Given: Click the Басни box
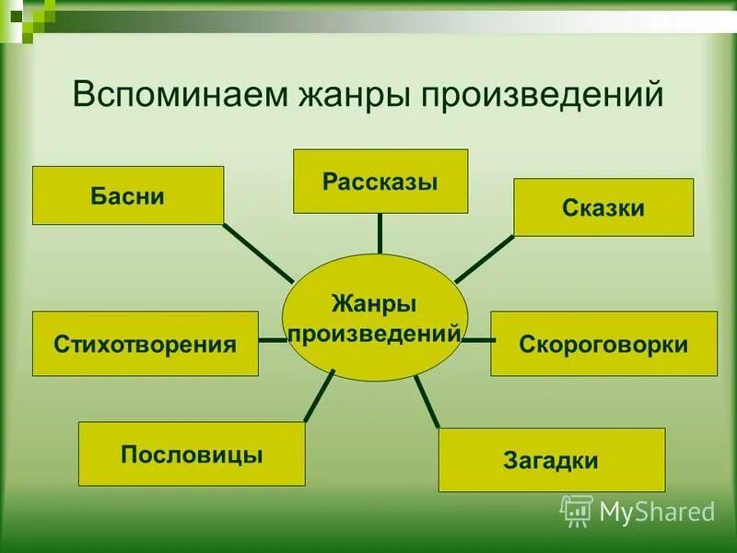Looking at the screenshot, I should click(128, 195).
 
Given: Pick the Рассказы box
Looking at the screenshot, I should click(380, 181).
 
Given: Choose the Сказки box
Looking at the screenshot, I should click(602, 207).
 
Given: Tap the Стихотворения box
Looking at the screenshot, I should click(146, 344).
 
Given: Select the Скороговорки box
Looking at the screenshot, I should click(603, 344).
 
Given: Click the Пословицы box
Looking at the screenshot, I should click(192, 453).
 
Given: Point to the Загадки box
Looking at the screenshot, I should click(551, 460).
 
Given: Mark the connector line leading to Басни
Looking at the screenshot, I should click(258, 252).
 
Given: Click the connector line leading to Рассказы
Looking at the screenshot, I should click(380, 233).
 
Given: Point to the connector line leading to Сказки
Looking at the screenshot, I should click(485, 258).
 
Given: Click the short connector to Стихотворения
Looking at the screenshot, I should click(272, 340).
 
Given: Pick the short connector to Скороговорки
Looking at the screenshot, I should click(477, 340).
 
